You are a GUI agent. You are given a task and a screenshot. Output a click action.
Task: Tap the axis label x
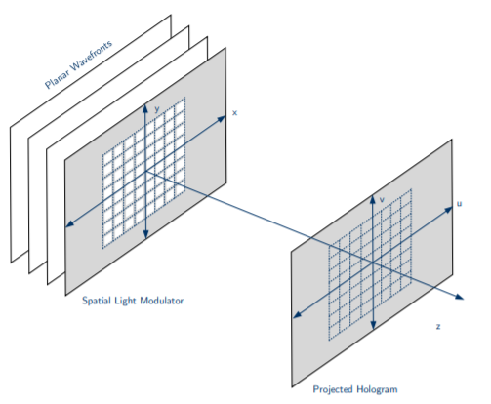(x=234, y=113)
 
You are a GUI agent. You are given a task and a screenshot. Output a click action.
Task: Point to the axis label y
(x=157, y=109)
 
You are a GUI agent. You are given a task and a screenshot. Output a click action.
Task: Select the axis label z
(x=438, y=326)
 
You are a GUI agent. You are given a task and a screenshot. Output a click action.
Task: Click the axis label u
(x=459, y=204)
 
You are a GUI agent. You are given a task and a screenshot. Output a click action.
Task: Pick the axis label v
(x=382, y=199)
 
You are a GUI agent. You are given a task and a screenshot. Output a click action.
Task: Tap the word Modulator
(x=162, y=301)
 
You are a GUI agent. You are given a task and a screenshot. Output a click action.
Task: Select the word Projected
(x=333, y=389)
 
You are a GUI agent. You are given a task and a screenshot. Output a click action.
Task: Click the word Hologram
(x=377, y=389)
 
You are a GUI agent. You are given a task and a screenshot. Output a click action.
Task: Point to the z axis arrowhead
(x=459, y=297)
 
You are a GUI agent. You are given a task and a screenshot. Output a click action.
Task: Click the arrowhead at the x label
(x=222, y=119)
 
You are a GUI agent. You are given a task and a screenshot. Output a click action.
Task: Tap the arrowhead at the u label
(x=448, y=210)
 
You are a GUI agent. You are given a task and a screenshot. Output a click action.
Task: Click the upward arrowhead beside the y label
(x=145, y=108)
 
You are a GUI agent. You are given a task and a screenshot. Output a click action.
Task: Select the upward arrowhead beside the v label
(x=373, y=199)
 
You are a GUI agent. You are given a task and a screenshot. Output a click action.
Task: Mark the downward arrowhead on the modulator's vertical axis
(x=145, y=233)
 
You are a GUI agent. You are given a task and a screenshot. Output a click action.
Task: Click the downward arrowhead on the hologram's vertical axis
(x=373, y=325)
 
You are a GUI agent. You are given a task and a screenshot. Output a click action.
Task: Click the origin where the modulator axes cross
(x=145, y=171)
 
